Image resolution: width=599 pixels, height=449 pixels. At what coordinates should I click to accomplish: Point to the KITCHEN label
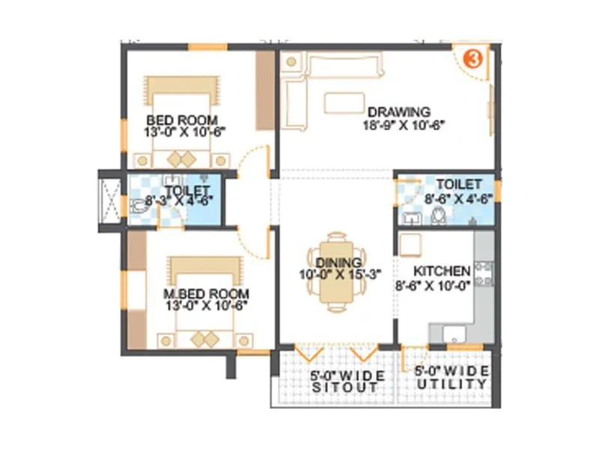click(x=443, y=271)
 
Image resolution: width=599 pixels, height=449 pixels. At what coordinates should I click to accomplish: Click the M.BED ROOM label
click(x=206, y=293)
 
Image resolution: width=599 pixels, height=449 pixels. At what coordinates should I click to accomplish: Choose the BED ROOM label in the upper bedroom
click(x=182, y=120)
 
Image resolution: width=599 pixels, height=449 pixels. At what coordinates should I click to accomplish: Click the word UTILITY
click(x=454, y=384)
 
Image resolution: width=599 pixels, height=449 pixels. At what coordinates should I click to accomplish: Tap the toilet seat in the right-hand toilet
click(x=439, y=217)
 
